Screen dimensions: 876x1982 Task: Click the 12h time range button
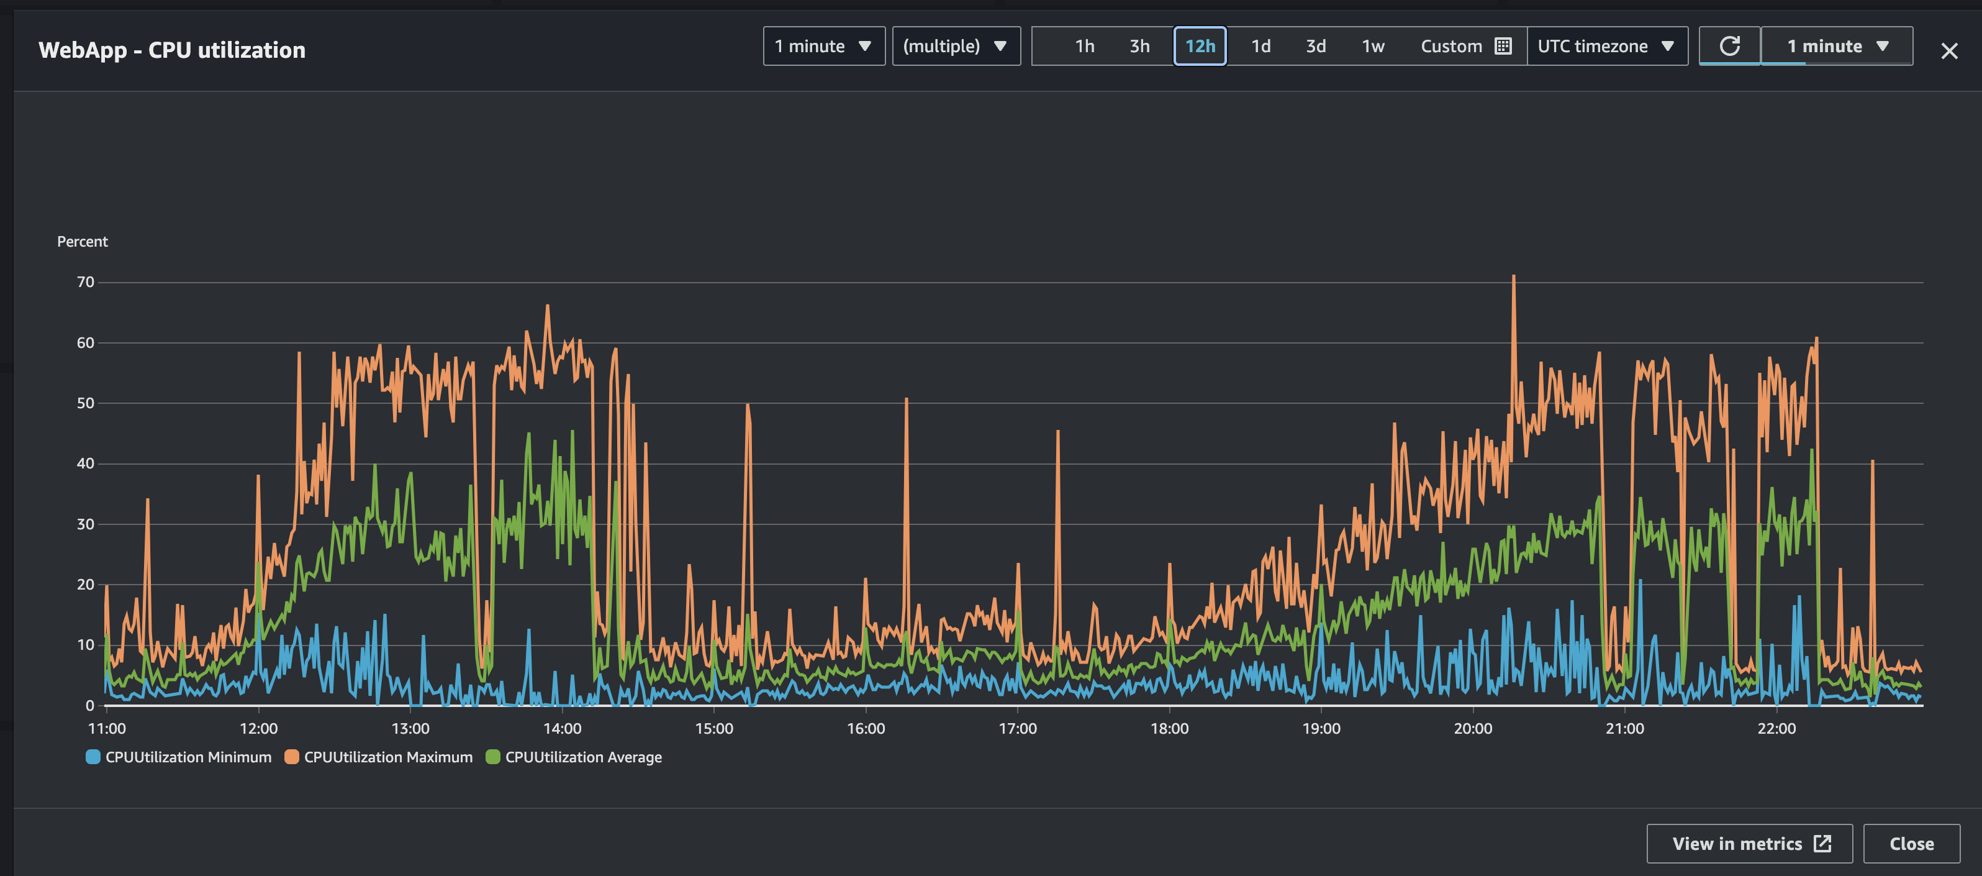(x=1200, y=46)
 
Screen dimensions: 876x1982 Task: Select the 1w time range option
(x=1373, y=46)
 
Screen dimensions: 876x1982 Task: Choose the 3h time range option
(x=1139, y=46)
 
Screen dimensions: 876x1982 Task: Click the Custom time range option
(x=1465, y=46)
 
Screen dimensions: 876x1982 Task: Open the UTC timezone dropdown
(x=1606, y=46)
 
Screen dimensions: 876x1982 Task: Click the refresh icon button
(x=1729, y=46)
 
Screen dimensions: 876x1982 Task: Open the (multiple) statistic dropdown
(x=956, y=46)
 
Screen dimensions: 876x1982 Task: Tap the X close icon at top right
(x=1949, y=51)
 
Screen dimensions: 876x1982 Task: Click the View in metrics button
(x=1749, y=844)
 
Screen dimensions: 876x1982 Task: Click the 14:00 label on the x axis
(x=563, y=728)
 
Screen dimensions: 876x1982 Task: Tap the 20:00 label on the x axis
(x=1473, y=728)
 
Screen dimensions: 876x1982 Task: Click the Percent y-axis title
(x=83, y=242)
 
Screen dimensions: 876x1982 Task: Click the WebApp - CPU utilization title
(x=171, y=50)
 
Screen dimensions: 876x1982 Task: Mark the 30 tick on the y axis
(x=86, y=524)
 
